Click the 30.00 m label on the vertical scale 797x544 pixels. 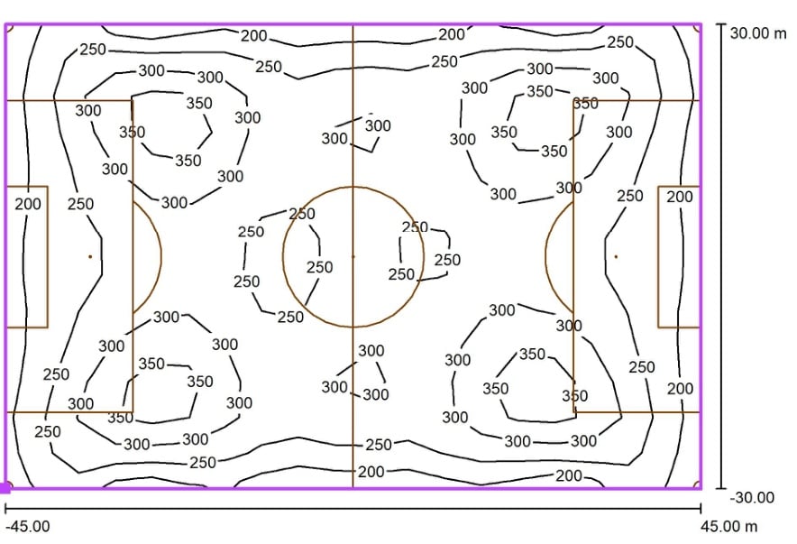[758, 33]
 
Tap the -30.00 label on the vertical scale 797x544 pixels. [752, 497]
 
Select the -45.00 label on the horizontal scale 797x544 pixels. [28, 526]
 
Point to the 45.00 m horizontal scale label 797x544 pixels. [728, 526]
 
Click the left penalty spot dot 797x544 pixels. [90, 257]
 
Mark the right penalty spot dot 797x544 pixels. [616, 257]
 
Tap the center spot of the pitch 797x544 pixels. [353, 257]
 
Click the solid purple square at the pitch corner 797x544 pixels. [5, 489]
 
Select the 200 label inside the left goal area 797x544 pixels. [27, 204]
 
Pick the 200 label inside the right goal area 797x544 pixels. [680, 197]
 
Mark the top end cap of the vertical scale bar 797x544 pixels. [720, 23]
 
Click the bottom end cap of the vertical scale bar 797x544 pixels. [720, 489]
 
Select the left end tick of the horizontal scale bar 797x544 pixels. [5, 508]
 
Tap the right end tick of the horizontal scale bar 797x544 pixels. [701, 508]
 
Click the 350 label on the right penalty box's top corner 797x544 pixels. [585, 104]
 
